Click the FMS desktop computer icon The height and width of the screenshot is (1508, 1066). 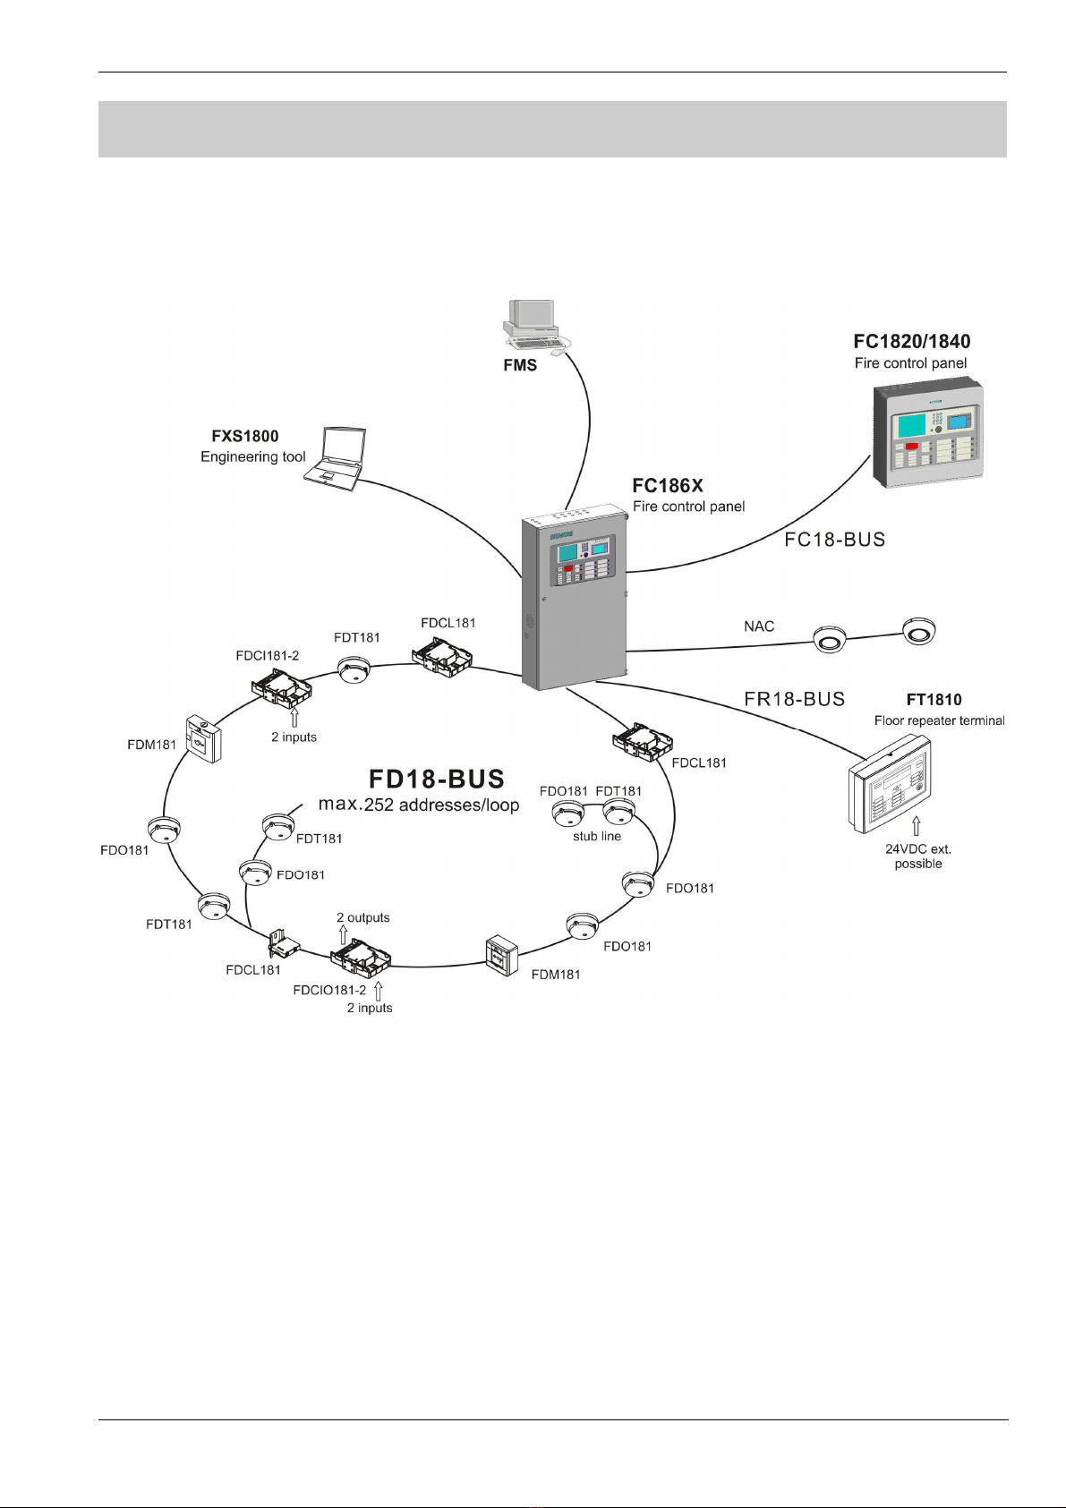click(534, 324)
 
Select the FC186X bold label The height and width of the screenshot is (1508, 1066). click(668, 486)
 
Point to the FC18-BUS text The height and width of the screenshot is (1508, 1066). click(834, 540)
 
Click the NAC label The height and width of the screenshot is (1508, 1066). click(759, 626)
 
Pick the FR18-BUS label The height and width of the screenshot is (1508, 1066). click(795, 699)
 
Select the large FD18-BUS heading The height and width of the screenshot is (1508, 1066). click(438, 778)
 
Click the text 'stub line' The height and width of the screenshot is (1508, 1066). click(597, 836)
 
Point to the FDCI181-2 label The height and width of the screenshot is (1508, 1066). click(268, 655)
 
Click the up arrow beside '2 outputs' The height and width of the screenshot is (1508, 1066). click(343, 935)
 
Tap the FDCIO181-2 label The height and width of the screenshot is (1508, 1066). click(329, 990)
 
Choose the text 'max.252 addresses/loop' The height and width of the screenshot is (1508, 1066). click(419, 805)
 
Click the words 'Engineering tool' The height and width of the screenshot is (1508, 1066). click(253, 456)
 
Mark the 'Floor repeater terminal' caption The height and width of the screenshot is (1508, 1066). click(939, 720)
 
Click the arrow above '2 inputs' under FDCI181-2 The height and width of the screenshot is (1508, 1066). click(294, 716)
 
